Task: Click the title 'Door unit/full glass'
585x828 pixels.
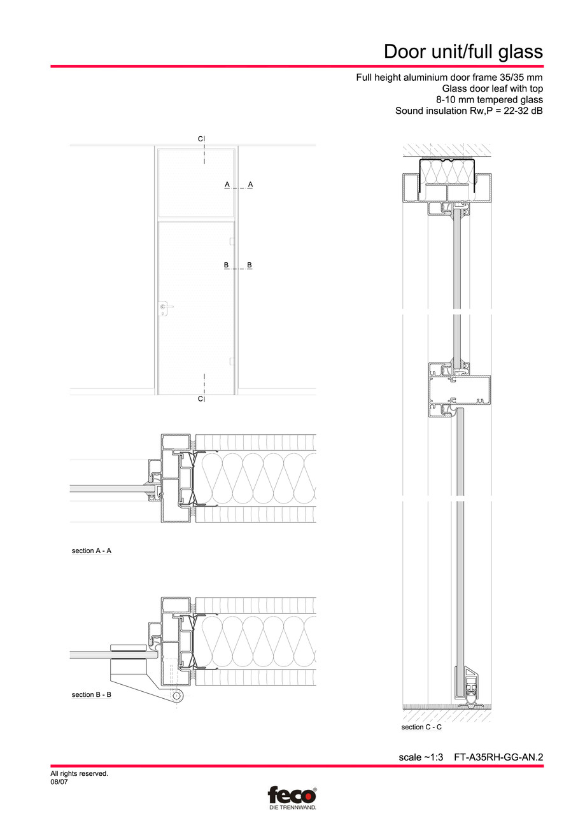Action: tap(463, 51)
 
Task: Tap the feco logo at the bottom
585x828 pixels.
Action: tap(292, 796)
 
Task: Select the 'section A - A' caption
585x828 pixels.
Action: tap(92, 551)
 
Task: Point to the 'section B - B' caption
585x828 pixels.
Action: tap(92, 694)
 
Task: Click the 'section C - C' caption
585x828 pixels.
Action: tap(421, 727)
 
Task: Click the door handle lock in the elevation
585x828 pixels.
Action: tap(164, 309)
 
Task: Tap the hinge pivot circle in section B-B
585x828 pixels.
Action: tap(176, 698)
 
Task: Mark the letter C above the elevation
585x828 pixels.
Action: tap(200, 139)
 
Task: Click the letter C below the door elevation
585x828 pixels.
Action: tap(200, 398)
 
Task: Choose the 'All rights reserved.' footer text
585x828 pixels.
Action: tap(80, 774)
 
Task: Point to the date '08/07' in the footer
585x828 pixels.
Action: tap(59, 782)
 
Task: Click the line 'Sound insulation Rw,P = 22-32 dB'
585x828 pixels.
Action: tap(469, 111)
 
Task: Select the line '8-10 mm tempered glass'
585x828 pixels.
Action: tap(489, 100)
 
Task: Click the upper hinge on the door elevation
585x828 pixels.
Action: tap(232, 241)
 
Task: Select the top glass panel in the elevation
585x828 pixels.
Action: tap(196, 183)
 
